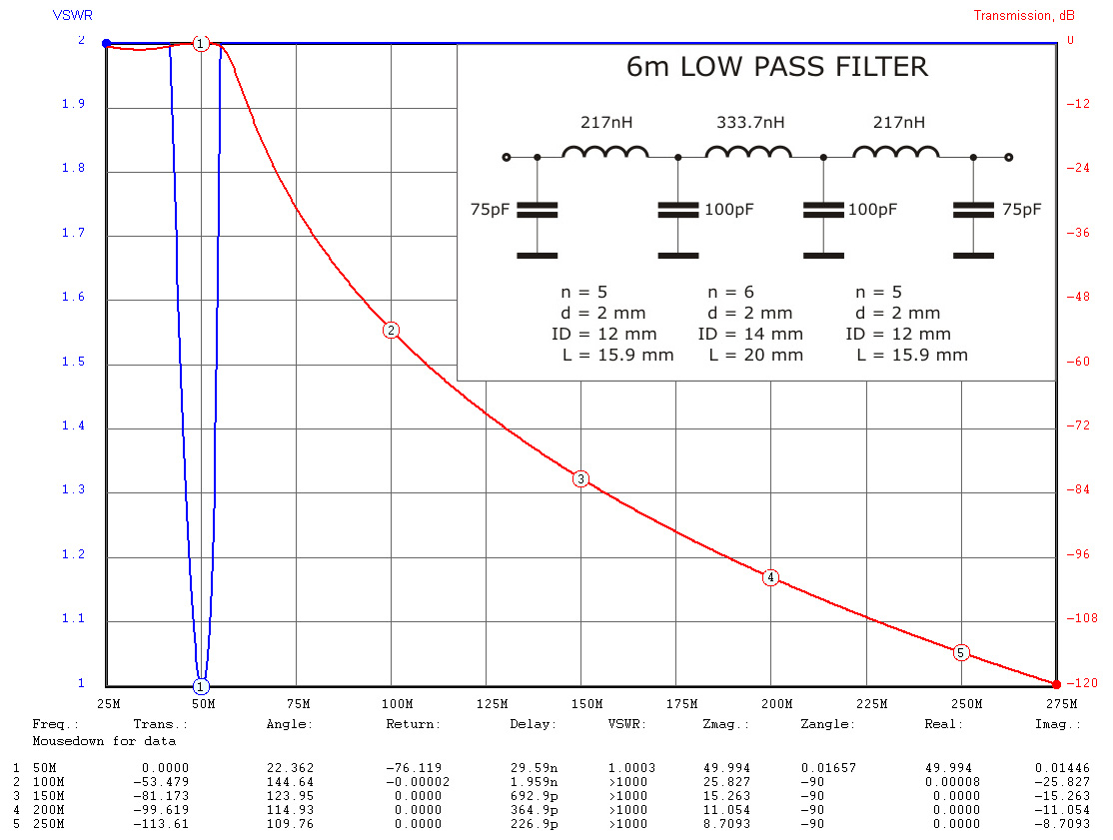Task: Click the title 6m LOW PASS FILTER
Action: [x=776, y=68]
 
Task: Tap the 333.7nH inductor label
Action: [x=750, y=123]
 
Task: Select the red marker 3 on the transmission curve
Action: [x=581, y=479]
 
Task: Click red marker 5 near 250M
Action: [x=961, y=652]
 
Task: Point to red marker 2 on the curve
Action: [x=392, y=331]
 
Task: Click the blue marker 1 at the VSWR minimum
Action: [x=201, y=686]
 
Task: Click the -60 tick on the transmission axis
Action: [x=1071, y=362]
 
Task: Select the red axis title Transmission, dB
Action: [x=1024, y=15]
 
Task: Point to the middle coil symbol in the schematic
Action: [x=749, y=152]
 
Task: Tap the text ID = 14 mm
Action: [x=750, y=334]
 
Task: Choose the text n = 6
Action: [x=730, y=293]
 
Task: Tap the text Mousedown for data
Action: [x=104, y=741]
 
